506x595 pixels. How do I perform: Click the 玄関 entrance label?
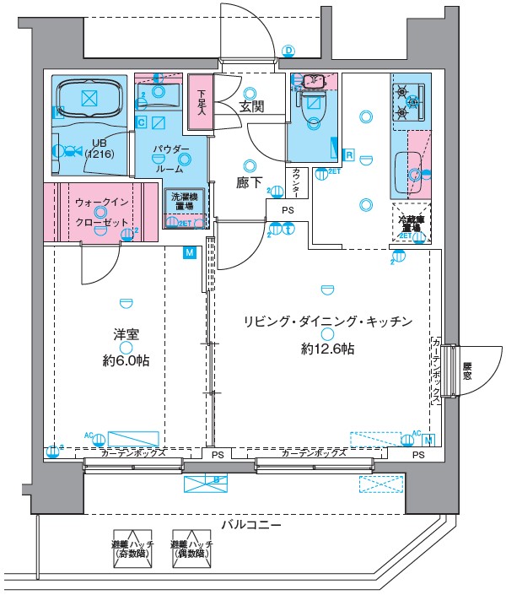251,106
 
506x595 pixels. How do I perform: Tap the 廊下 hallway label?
250,181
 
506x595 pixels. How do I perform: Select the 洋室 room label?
126,333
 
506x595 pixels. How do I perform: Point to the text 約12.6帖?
326,348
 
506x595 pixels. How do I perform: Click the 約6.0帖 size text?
126,360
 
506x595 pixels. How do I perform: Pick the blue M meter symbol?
189,252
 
